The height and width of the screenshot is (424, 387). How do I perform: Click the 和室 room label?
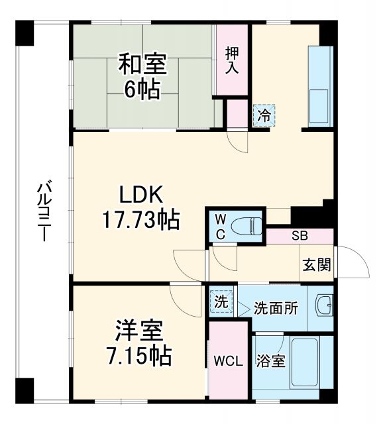tap(142, 66)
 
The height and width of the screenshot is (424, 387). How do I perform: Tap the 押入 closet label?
tap(231, 61)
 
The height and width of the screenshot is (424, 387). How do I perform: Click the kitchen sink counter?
tap(319, 86)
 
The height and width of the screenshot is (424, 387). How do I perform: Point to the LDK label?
tap(140, 195)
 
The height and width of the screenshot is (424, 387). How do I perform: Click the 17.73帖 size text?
tap(140, 220)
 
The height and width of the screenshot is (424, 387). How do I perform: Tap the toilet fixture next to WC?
tap(249, 225)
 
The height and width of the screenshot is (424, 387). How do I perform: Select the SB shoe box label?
tap(300, 236)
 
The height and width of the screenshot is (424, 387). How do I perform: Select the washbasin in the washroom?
tap(323, 305)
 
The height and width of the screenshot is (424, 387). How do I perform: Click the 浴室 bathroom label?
tap(272, 362)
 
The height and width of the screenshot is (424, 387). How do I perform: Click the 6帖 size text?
tap(142, 89)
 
